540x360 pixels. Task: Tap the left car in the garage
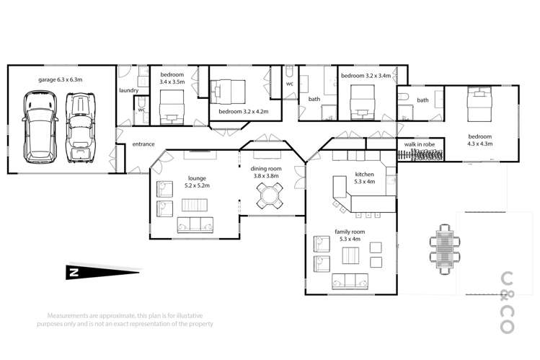[x=38, y=126]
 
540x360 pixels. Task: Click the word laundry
[x=128, y=91]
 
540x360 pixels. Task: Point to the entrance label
[x=143, y=144]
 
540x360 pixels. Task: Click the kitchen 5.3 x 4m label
[x=365, y=178]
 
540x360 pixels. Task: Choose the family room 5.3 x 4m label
[x=350, y=235]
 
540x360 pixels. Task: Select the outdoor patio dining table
[x=443, y=247]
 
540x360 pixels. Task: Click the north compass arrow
[x=101, y=273]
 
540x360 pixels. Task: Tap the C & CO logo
[x=507, y=302]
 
